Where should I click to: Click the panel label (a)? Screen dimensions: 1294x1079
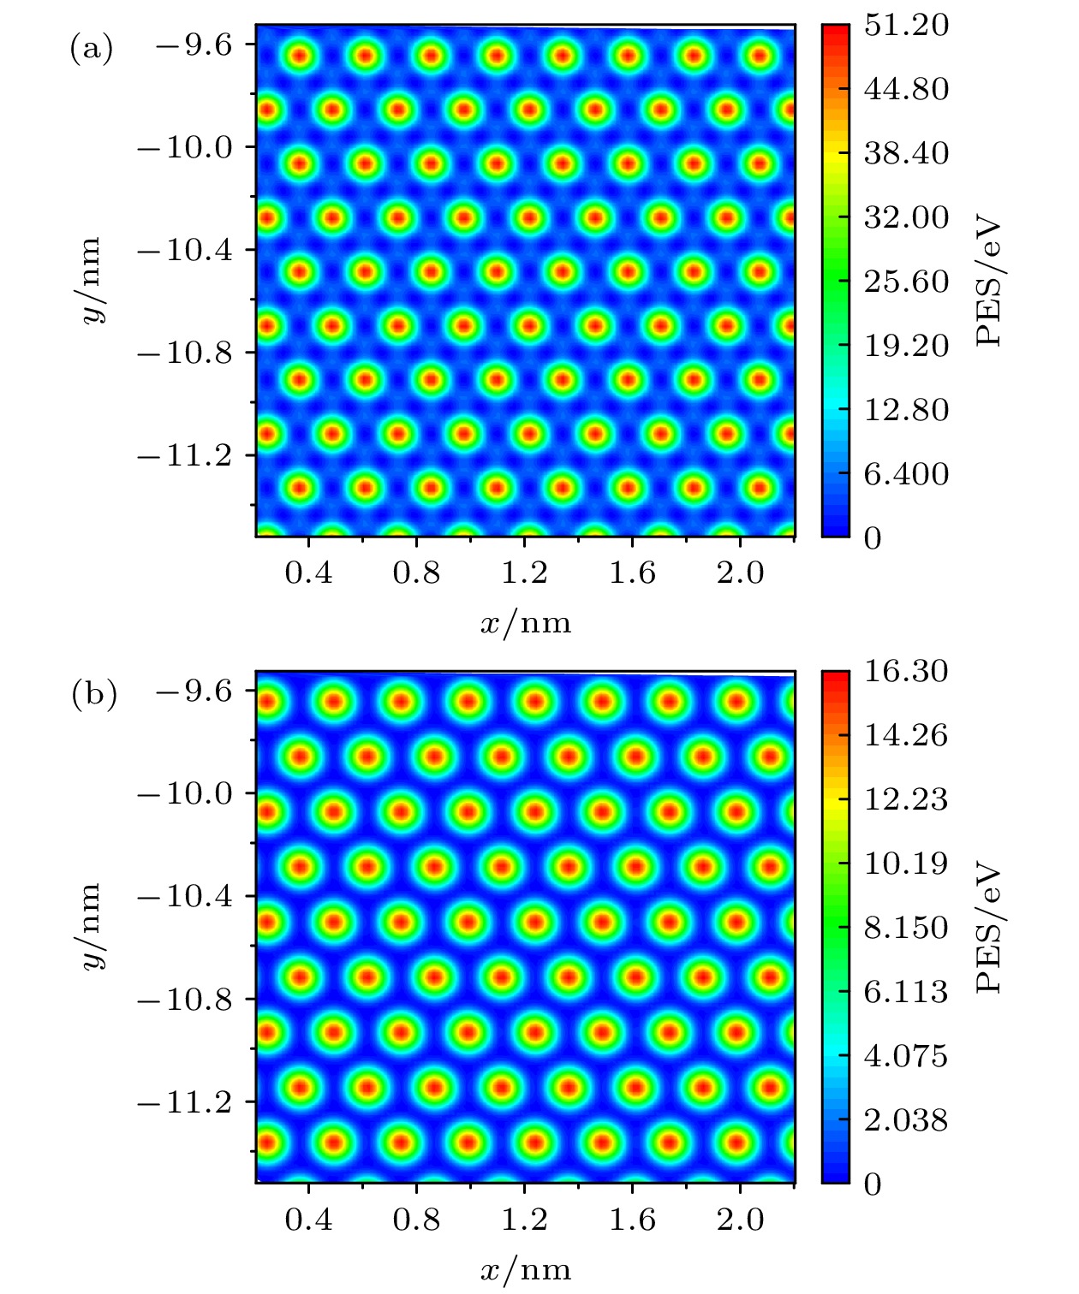(x=90, y=49)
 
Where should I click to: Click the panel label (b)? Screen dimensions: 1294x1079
(x=93, y=695)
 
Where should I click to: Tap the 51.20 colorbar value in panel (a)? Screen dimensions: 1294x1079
(x=906, y=26)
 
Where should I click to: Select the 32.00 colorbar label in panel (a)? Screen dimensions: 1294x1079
(x=906, y=217)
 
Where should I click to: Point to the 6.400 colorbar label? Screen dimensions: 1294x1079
(x=906, y=474)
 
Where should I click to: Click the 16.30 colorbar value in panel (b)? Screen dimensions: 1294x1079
(x=906, y=672)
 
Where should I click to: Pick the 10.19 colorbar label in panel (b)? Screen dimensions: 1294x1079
(x=906, y=864)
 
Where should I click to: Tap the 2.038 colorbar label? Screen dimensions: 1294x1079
(x=906, y=1120)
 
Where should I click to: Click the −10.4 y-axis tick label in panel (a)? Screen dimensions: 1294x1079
(x=185, y=250)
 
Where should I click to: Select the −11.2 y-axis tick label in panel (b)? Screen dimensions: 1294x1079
(x=185, y=1102)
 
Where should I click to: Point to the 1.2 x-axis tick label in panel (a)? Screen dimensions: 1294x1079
(x=524, y=573)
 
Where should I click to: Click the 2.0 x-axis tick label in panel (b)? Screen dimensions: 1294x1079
(x=740, y=1219)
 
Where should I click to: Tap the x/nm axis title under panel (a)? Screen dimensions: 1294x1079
(x=526, y=623)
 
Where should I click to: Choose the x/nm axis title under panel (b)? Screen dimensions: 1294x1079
(x=526, y=1269)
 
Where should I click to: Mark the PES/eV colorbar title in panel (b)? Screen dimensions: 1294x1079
(x=989, y=928)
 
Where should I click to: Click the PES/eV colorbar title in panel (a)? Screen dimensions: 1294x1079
(x=989, y=282)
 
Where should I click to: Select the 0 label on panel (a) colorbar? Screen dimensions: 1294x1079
(x=873, y=538)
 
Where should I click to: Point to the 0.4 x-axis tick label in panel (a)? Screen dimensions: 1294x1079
(x=308, y=573)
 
